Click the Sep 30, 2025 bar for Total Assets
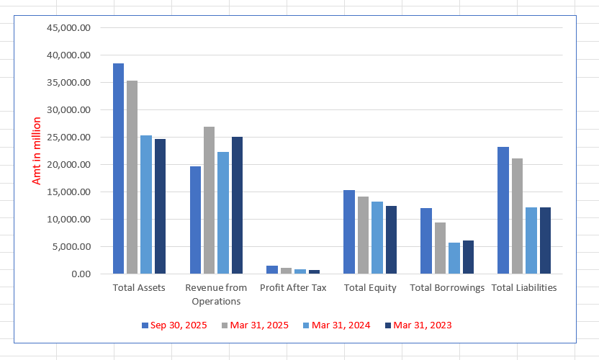pyautogui.click(x=118, y=168)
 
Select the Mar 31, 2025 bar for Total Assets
pyautogui.click(x=132, y=177)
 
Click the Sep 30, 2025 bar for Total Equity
pyautogui.click(x=348, y=232)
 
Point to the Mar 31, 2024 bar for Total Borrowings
pyautogui.click(x=454, y=258)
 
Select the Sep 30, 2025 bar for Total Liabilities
pyautogui.click(x=503, y=210)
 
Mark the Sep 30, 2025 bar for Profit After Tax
pyautogui.click(x=271, y=269)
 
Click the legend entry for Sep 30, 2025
pyautogui.click(x=174, y=325)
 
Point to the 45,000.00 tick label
pyautogui.click(x=69, y=28)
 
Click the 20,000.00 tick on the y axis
pyautogui.click(x=69, y=165)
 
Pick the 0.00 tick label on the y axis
pyautogui.click(x=81, y=274)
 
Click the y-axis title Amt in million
pyautogui.click(x=37, y=151)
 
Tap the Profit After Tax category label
pyautogui.click(x=293, y=288)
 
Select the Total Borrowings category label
pyautogui.click(x=447, y=288)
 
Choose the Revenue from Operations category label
pyautogui.click(x=216, y=294)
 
